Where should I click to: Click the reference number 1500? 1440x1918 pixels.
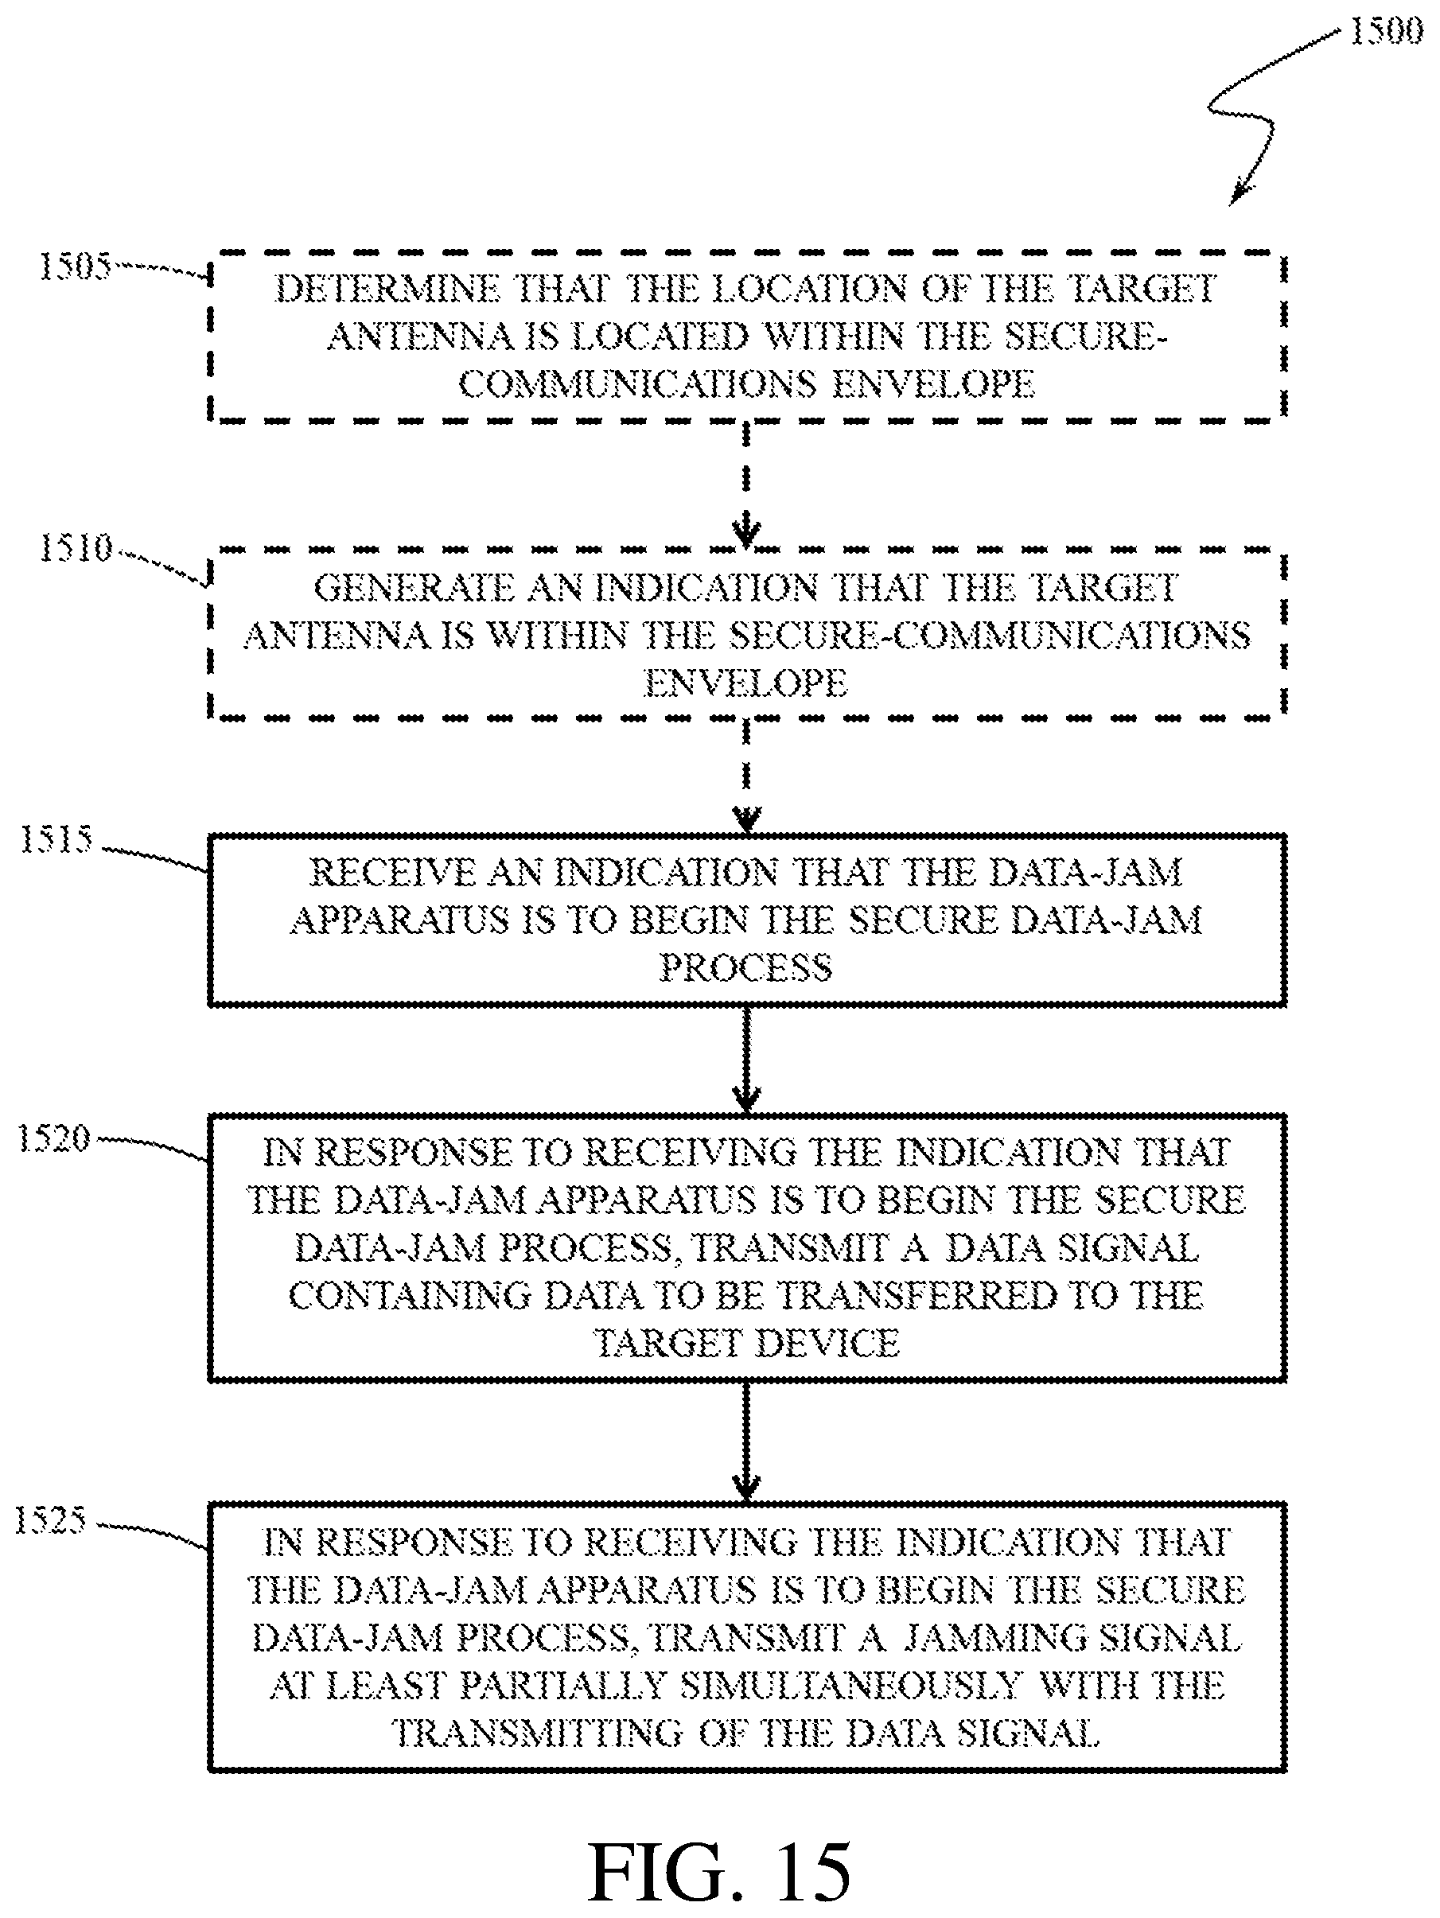pyautogui.click(x=1385, y=32)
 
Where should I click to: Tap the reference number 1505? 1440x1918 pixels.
pyautogui.click(x=75, y=266)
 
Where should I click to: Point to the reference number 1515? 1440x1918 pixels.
pyautogui.click(x=56, y=839)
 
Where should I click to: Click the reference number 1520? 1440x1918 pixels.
pyautogui.click(x=54, y=1138)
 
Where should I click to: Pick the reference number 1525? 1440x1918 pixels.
pyautogui.click(x=50, y=1520)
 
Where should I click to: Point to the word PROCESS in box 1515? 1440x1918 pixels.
pyautogui.click(x=745, y=967)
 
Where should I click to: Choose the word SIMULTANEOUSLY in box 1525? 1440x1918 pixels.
pyautogui.click(x=850, y=1685)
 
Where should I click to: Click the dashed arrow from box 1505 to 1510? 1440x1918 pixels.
pyautogui.click(x=746, y=484)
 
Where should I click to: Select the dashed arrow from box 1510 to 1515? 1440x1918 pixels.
pyautogui.click(x=746, y=776)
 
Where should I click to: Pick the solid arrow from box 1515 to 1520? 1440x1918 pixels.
pyautogui.click(x=746, y=1060)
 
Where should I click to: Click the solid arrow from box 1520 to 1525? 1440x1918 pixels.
pyautogui.click(x=746, y=1441)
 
